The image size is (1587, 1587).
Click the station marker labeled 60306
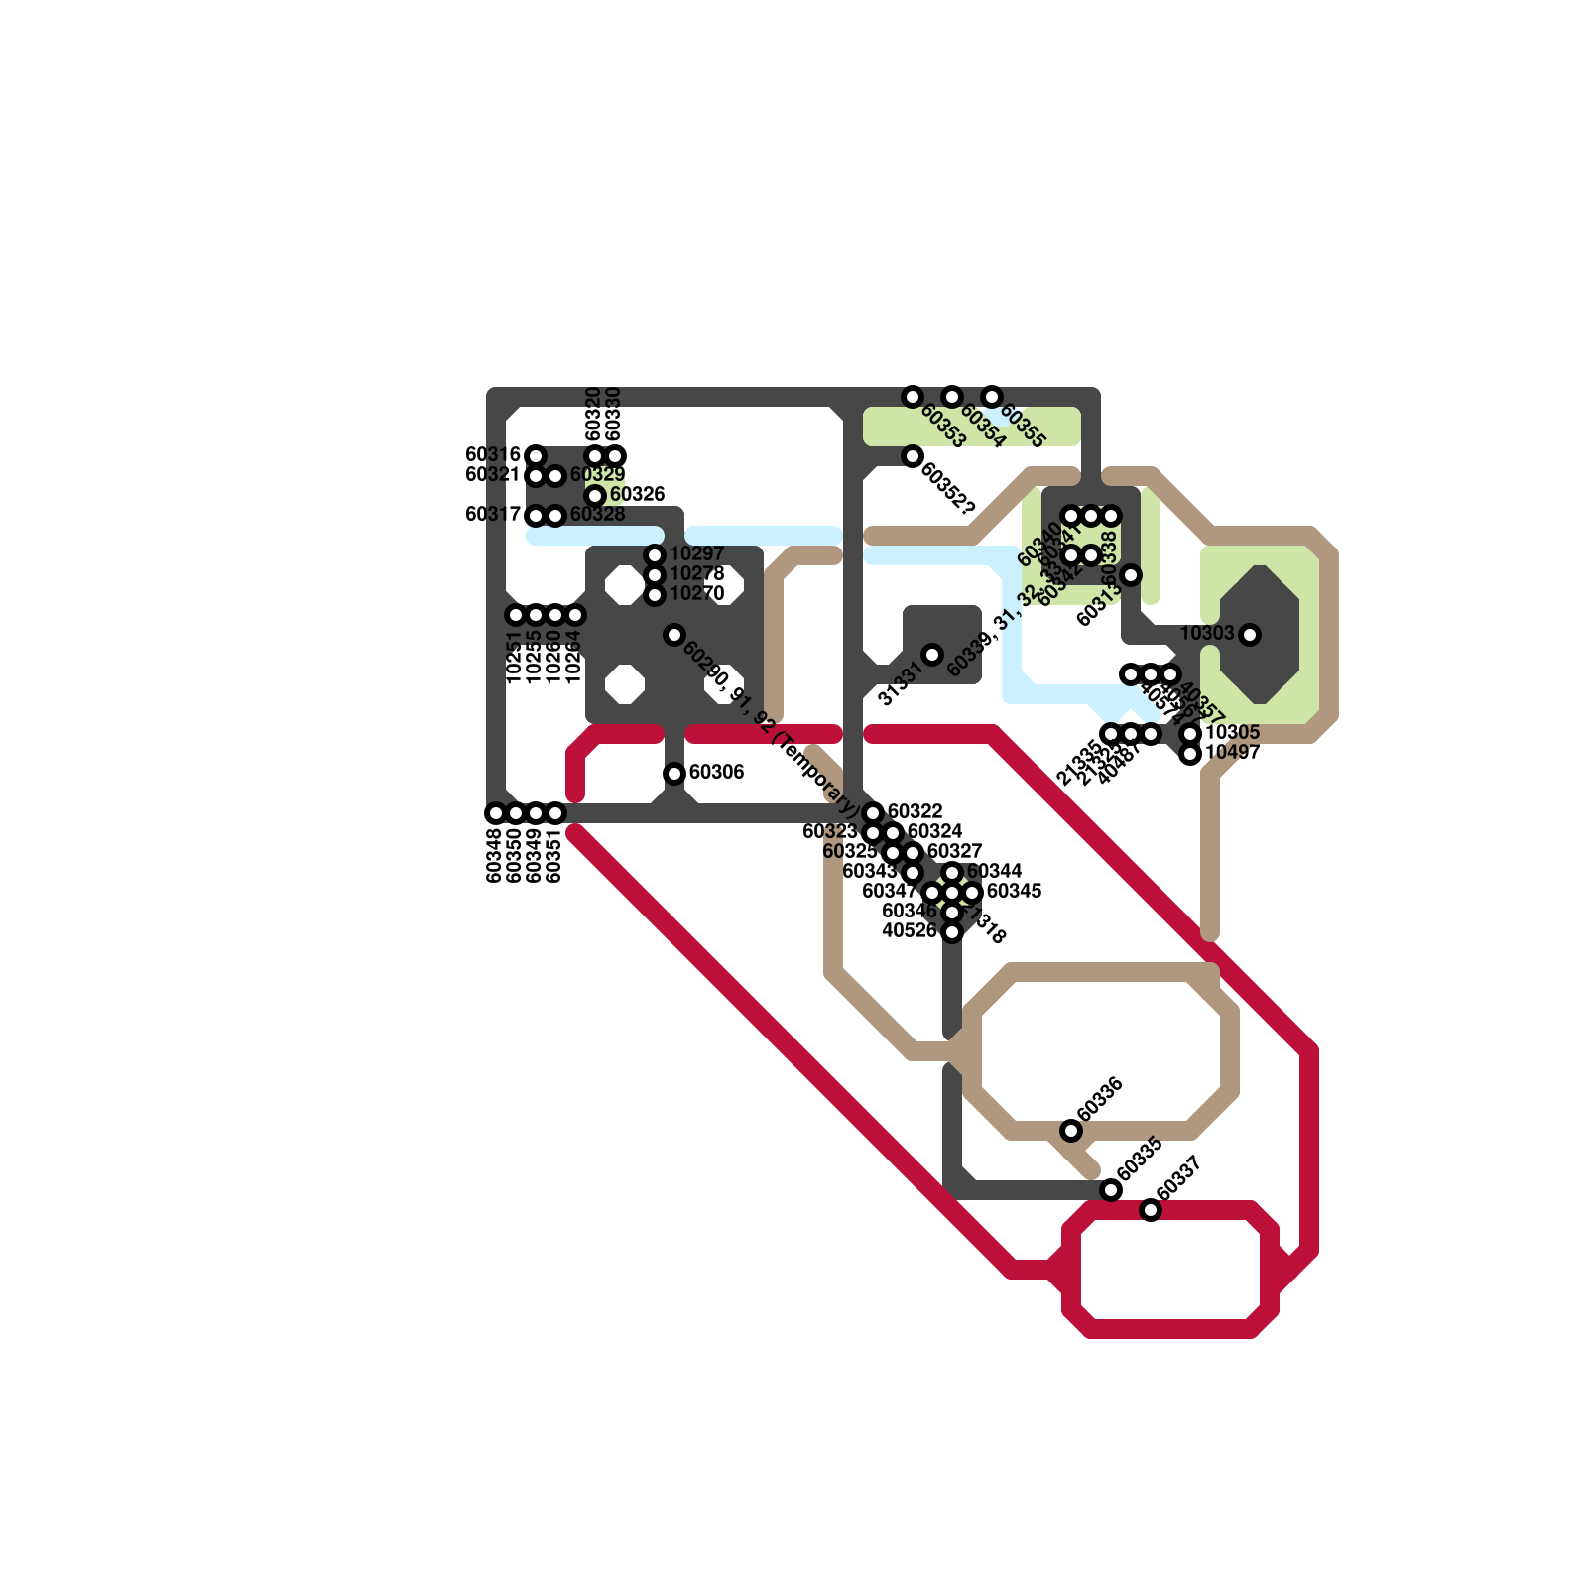674,774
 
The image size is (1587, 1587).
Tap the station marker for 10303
1250,635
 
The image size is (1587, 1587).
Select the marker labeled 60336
1071,1131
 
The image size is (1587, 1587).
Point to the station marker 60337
1151,1210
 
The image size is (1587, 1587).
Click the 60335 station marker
1111,1190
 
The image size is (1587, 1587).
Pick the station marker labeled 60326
595,496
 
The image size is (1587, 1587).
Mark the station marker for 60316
536,456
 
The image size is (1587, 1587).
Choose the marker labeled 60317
536,516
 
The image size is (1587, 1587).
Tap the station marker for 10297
655,555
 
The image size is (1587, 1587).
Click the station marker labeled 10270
655,595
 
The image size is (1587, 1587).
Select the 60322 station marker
873,813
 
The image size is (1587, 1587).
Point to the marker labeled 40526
952,932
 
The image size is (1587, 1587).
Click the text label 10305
1232,733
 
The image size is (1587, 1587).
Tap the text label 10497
1232,753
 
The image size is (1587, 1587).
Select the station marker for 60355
992,397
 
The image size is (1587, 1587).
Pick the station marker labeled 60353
913,397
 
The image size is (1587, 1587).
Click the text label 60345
1014,892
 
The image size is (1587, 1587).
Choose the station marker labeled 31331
932,655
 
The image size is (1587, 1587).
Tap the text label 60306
716,773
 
